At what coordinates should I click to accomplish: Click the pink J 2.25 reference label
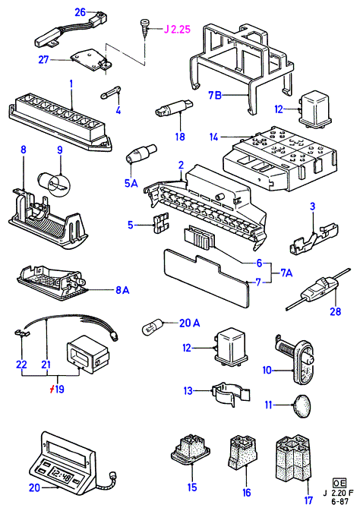point(177,30)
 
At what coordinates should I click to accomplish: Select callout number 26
point(81,12)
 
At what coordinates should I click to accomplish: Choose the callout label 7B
point(215,95)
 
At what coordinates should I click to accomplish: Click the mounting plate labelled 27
point(90,60)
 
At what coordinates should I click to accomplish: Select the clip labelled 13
point(230,394)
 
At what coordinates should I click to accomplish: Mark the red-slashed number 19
point(58,389)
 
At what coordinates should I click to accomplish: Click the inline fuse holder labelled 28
point(318,289)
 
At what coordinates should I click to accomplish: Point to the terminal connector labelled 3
point(314,240)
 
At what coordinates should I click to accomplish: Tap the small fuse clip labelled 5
point(161,222)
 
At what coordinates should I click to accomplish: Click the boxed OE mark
point(339,483)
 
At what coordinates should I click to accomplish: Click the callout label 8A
point(122,289)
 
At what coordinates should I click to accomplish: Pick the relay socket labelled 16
point(243,453)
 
